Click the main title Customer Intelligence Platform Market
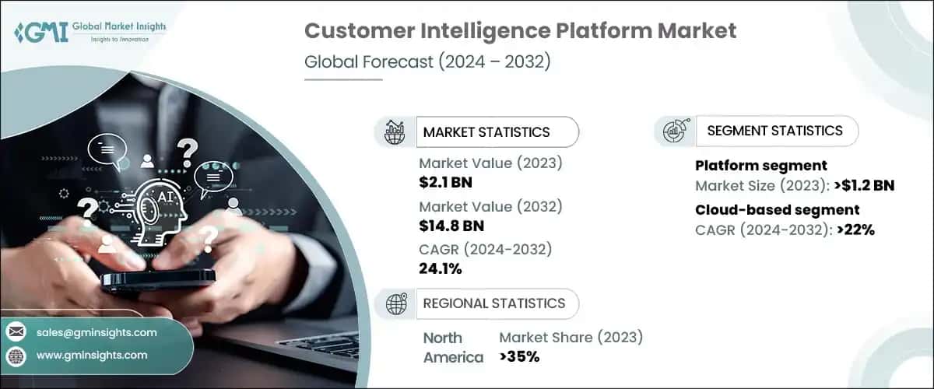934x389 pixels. [x=520, y=31]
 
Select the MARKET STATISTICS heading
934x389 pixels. [x=486, y=132]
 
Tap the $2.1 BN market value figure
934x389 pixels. [x=445, y=183]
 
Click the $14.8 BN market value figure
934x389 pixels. [x=451, y=226]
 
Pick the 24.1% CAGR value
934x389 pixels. [x=441, y=269]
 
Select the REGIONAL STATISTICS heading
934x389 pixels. [x=493, y=303]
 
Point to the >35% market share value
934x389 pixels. [x=519, y=357]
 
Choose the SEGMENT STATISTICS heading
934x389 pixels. [x=774, y=131]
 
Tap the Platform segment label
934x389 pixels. [x=760, y=166]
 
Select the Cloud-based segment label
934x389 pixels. [x=777, y=209]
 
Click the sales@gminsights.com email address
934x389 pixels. [x=97, y=332]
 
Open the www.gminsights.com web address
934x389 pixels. [x=91, y=356]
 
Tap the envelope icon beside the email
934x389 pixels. [x=16, y=332]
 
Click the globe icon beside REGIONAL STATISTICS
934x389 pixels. [x=396, y=303]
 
